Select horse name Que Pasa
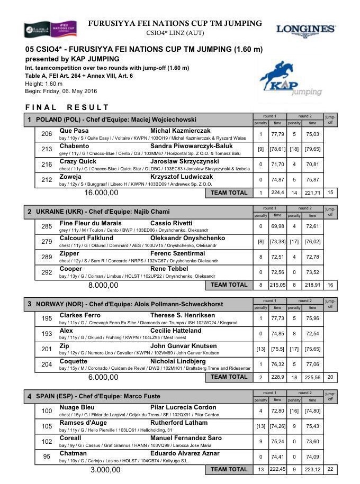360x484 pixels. click(x=74, y=131)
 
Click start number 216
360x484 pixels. click(x=47, y=165)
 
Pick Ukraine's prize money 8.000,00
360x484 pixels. click(x=103, y=285)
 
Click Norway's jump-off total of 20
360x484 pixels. click(x=330, y=377)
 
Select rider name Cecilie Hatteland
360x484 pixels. click(x=176, y=331)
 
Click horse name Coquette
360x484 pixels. click(x=73, y=361)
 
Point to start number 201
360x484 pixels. click(x=47, y=349)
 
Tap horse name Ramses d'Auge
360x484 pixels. click(x=83, y=423)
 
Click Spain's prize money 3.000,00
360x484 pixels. click(x=103, y=469)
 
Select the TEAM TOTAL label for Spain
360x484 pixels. click(x=229, y=469)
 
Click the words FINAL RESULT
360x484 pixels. click(x=67, y=107)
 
